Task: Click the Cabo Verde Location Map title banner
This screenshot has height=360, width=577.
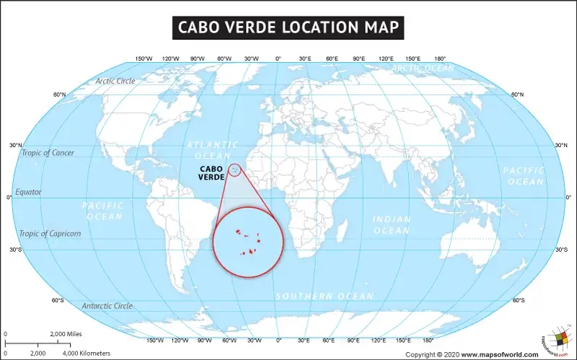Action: click(x=288, y=27)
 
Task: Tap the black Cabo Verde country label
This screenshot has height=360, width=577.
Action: click(x=211, y=174)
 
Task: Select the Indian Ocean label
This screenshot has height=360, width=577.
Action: click(x=392, y=224)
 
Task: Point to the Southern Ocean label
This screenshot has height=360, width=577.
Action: click(x=325, y=297)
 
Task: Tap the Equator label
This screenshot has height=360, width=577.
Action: click(x=29, y=193)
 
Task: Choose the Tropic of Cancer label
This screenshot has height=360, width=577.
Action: click(x=48, y=153)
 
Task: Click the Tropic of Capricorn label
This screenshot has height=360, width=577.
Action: click(x=50, y=234)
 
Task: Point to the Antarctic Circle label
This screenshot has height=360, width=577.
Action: click(x=107, y=306)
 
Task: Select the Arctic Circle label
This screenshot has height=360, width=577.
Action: click(x=115, y=81)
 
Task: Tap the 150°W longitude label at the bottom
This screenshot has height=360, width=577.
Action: click(x=155, y=340)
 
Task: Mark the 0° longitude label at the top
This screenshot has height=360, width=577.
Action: click(x=278, y=58)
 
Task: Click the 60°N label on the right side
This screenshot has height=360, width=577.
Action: click(x=518, y=95)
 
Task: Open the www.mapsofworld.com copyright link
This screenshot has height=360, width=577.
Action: click(x=500, y=354)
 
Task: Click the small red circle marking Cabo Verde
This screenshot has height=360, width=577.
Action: click(x=234, y=170)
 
